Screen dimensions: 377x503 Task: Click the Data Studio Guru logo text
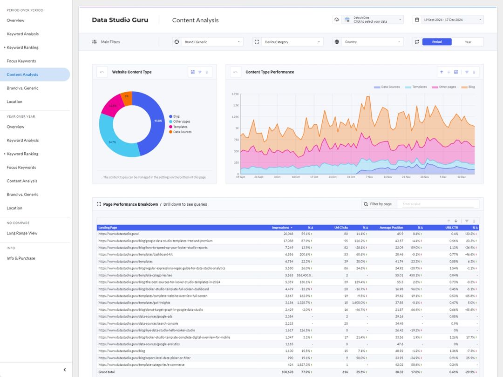(120, 20)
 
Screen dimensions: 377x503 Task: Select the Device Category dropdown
(288, 42)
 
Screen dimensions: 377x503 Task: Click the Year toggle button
(468, 42)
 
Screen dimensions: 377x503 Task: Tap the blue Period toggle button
(437, 42)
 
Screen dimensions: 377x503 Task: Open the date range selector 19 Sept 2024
(448, 20)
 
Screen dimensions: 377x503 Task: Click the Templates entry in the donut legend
(180, 127)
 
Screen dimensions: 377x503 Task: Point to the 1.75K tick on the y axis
(235, 94)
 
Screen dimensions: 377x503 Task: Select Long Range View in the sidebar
(22, 233)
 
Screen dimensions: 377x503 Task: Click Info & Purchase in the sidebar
(20, 258)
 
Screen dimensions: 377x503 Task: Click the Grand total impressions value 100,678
(284, 372)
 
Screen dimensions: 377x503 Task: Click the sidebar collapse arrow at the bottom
(65, 370)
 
